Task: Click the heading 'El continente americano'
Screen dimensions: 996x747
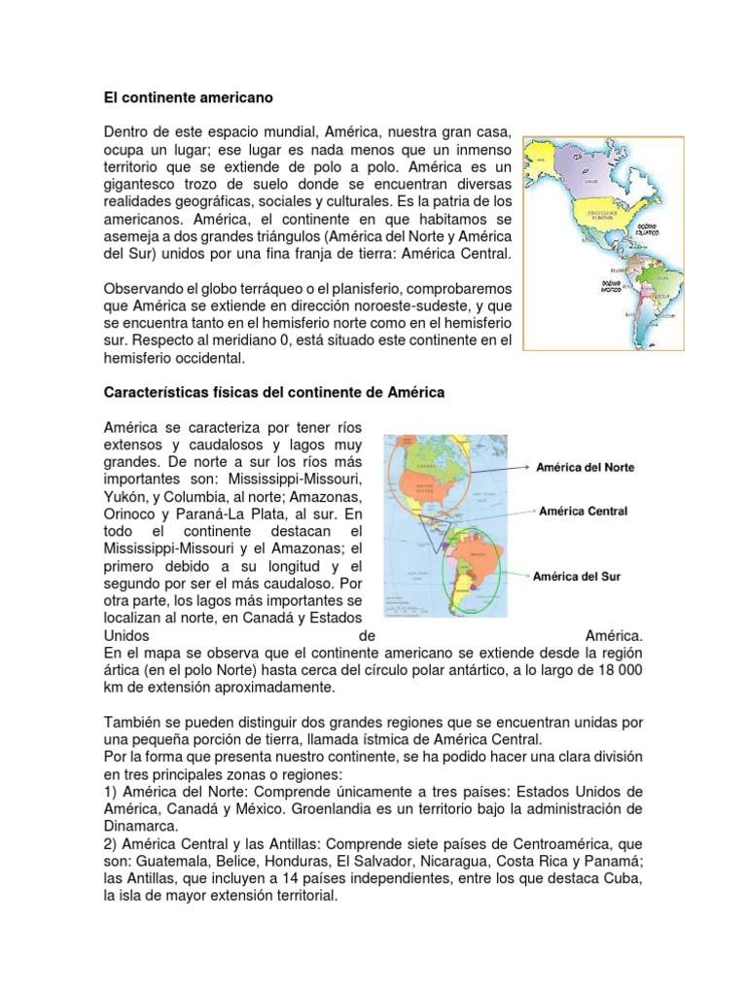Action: pos(188,98)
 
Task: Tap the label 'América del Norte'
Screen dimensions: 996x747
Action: pos(586,467)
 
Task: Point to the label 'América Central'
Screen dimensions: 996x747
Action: pos(583,511)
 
